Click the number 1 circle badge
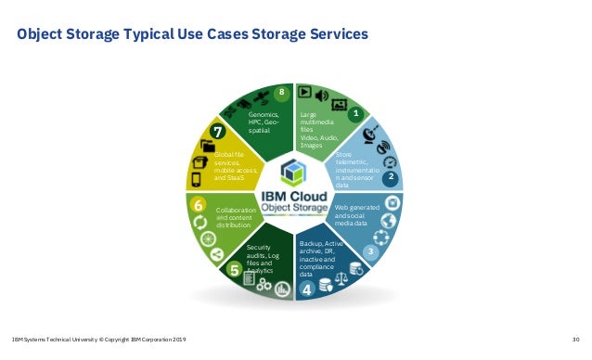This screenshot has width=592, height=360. pos(354,113)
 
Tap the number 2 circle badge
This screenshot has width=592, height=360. pos(391,175)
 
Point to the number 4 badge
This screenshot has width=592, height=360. pos(307,289)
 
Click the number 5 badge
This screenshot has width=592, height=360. pos(235,270)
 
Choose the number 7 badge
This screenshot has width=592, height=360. pos(216,131)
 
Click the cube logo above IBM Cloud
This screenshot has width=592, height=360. pos(294,172)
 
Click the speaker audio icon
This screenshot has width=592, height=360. pos(322,94)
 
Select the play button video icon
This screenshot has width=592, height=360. pos(304,92)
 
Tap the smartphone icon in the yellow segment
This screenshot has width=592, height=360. pos(196,179)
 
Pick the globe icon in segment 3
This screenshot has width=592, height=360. pos(391,222)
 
